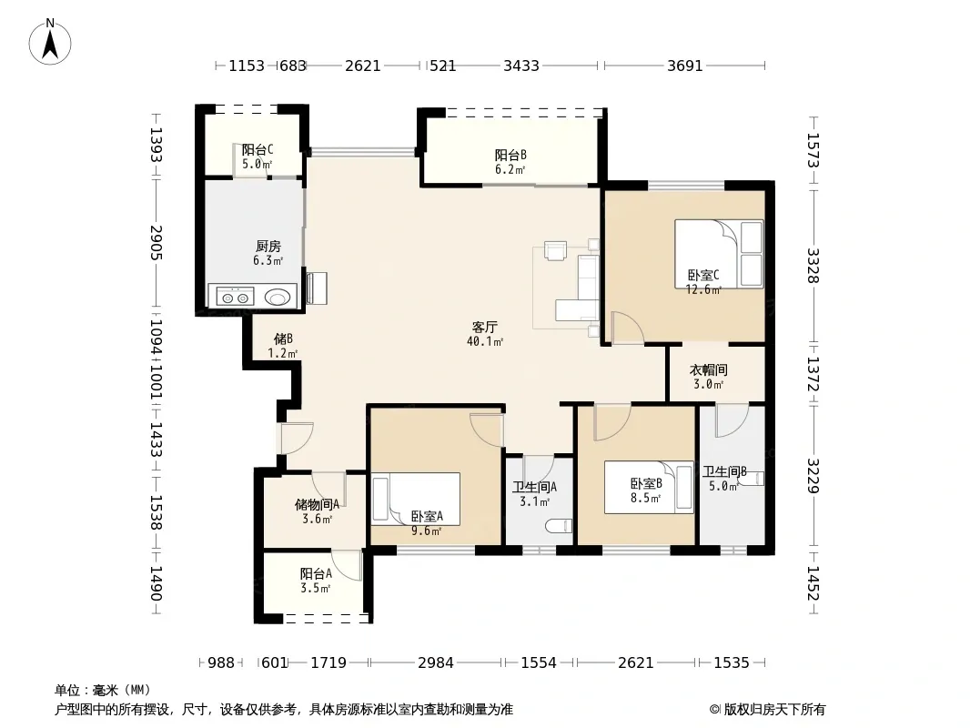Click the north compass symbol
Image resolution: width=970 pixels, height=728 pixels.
pos(49,42)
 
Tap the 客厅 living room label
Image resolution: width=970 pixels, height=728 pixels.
pos(484,327)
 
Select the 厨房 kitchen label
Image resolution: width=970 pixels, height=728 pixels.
pos(268,247)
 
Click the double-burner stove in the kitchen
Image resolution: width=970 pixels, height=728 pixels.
pos(235,298)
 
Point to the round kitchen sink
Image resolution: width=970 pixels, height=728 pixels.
pos(278,298)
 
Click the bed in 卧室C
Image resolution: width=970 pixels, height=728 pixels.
pos(719,254)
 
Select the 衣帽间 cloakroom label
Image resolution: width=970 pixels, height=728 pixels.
pos(708,369)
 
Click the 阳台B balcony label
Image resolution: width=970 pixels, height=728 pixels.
pos(510,155)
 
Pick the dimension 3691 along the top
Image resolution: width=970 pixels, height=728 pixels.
pos(685,66)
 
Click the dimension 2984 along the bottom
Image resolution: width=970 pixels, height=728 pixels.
pos(436,662)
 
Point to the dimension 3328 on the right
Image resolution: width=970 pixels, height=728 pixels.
pos(813,266)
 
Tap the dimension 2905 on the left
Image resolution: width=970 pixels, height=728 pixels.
pos(156,242)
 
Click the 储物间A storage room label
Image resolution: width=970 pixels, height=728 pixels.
pos(317,504)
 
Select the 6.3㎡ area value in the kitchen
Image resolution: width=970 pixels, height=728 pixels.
pos(268,261)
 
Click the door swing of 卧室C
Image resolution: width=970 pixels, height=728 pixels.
pos(628,328)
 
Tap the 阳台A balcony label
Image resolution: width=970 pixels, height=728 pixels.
pos(316,573)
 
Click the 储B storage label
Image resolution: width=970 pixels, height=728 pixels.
pos(283,339)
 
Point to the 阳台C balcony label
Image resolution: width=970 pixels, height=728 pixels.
pos(258,149)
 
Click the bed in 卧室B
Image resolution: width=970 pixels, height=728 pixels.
pos(649,488)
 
